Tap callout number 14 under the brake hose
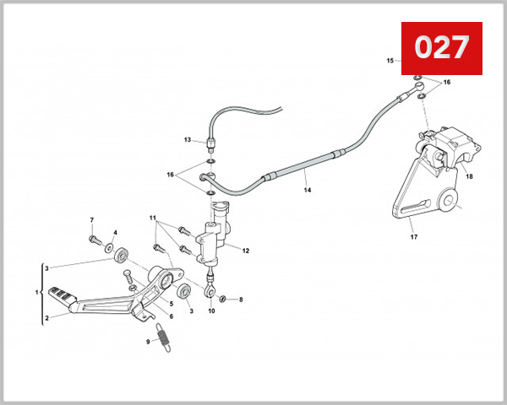[308, 191]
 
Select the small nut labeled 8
[222, 299]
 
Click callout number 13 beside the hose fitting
[188, 139]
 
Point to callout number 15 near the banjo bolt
[390, 61]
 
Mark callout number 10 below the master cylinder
[211, 311]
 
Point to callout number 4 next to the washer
[116, 232]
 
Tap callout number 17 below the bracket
[414, 237]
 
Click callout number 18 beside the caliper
[469, 177]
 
